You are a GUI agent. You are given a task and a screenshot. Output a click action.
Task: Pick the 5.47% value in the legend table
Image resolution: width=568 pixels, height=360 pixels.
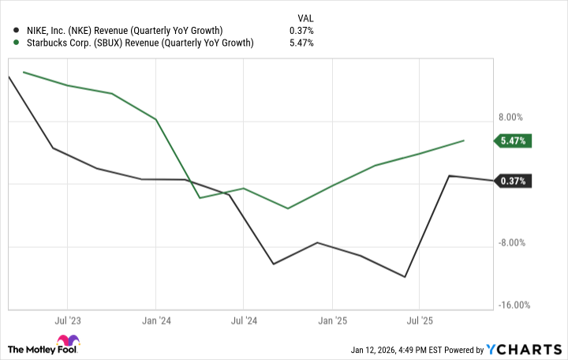(302, 43)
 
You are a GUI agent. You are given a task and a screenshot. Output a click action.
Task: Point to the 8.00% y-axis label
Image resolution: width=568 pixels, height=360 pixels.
(510, 117)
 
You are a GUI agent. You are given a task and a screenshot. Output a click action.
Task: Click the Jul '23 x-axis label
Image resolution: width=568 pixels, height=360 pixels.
(67, 321)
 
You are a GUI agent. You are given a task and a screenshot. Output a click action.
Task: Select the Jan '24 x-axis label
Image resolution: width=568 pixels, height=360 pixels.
(155, 321)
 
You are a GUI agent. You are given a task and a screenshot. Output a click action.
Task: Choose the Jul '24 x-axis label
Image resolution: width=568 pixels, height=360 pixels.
(243, 321)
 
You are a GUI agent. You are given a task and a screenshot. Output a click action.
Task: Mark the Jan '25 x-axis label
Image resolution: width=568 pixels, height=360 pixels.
(331, 321)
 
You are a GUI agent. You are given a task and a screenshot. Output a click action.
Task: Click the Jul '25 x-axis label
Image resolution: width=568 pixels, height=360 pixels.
(418, 321)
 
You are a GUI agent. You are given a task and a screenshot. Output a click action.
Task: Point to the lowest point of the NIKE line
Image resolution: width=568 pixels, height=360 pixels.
(405, 277)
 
